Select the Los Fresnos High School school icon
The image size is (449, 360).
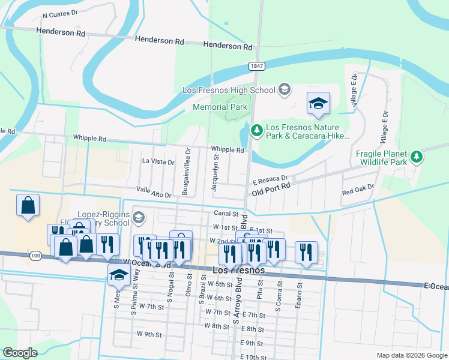pyautogui.click(x=285, y=90)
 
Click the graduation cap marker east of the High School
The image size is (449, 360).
pyautogui.click(x=318, y=103)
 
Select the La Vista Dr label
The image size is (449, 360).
pyautogui.click(x=158, y=161)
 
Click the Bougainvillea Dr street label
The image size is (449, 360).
pyautogui.click(x=188, y=170)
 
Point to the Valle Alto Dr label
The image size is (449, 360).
pyautogui.click(x=154, y=191)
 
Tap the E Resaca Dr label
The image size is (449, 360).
pyautogui.click(x=270, y=179)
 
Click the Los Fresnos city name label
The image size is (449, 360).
pyautogui.click(x=239, y=271)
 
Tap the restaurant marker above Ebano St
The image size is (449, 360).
pyautogui.click(x=306, y=253)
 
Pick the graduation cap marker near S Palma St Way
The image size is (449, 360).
pyautogui.click(x=119, y=275)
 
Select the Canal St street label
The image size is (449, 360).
pyautogui.click(x=226, y=214)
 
